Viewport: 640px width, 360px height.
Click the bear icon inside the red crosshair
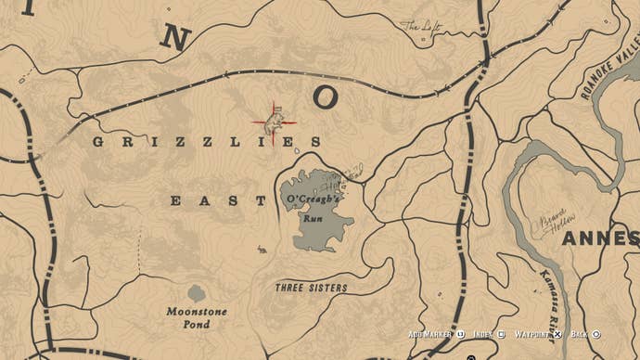point(275,121)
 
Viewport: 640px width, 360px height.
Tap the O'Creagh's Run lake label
point(313,210)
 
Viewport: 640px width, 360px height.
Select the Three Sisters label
point(311,288)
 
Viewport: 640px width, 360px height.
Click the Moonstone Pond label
point(197,317)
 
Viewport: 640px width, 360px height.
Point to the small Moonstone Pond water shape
point(197,293)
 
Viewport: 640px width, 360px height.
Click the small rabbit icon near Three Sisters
point(262,249)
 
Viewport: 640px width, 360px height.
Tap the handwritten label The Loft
point(418,27)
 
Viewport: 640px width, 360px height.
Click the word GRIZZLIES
point(206,142)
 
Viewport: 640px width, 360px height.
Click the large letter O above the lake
point(326,96)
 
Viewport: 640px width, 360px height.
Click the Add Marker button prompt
point(431,334)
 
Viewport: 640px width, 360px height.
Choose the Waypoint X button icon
point(557,334)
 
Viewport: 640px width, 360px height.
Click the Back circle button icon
point(596,334)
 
